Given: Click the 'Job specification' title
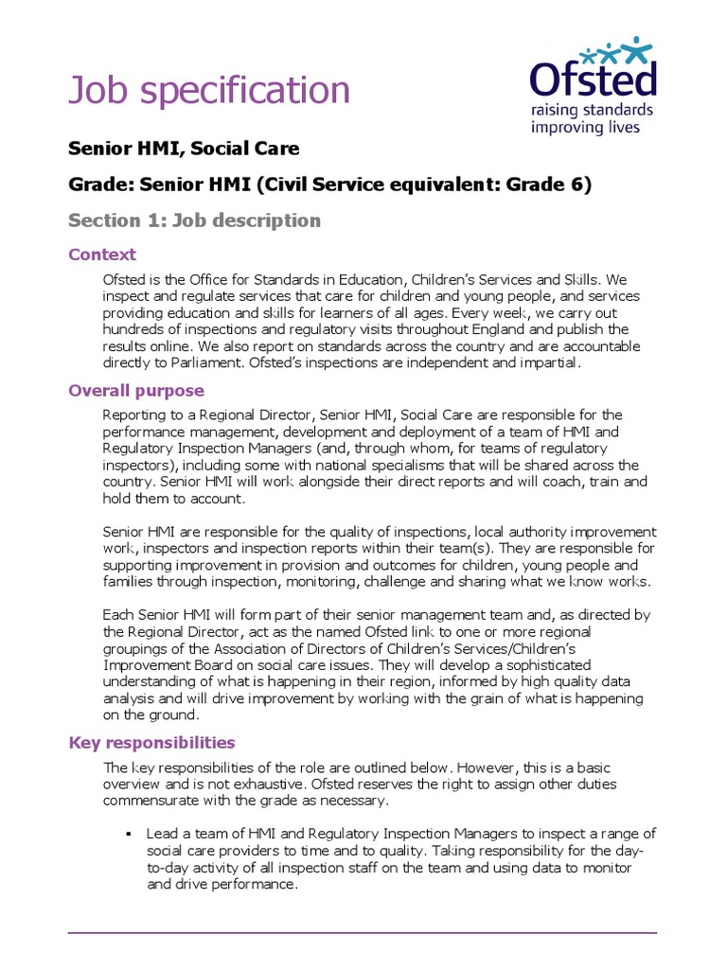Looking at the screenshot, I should coord(209,91).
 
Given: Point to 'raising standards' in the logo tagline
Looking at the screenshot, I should coord(592,110).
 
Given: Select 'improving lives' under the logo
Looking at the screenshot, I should coord(585,128).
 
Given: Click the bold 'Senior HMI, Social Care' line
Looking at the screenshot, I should coord(184,149).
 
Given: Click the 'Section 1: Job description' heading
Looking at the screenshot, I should coord(194,220).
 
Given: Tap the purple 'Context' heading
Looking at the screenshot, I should coord(102,255).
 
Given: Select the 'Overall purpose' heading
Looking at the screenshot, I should coord(136,391).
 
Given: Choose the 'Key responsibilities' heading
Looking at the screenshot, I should coord(151,743).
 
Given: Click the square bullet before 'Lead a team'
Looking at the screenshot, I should coord(126,835).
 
